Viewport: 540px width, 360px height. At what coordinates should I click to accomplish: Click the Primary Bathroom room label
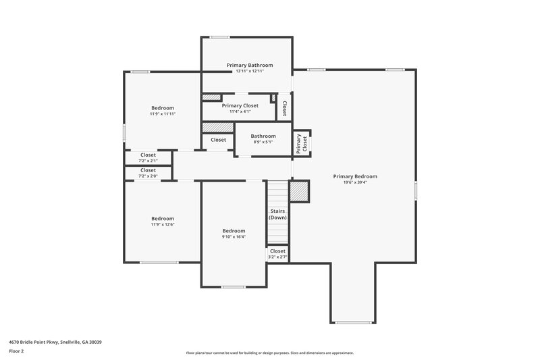(x=250, y=65)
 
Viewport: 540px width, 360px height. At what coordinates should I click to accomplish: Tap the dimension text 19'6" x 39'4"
(x=355, y=182)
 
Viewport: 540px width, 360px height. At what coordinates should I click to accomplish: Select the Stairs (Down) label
(x=277, y=214)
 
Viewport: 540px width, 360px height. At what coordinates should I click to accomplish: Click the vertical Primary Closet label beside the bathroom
(x=301, y=142)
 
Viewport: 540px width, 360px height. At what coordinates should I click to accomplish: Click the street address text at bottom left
(x=55, y=342)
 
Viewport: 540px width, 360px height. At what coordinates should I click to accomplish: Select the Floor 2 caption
(x=17, y=351)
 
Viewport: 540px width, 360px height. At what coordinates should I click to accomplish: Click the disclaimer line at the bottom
(x=269, y=353)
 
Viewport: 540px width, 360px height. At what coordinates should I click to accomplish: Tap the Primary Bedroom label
(x=355, y=176)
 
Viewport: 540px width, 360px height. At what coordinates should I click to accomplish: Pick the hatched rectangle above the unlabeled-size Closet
(x=218, y=127)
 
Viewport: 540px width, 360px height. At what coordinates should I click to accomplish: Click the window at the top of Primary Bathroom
(x=219, y=37)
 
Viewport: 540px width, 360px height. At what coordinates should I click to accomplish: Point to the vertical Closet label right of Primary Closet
(x=284, y=108)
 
